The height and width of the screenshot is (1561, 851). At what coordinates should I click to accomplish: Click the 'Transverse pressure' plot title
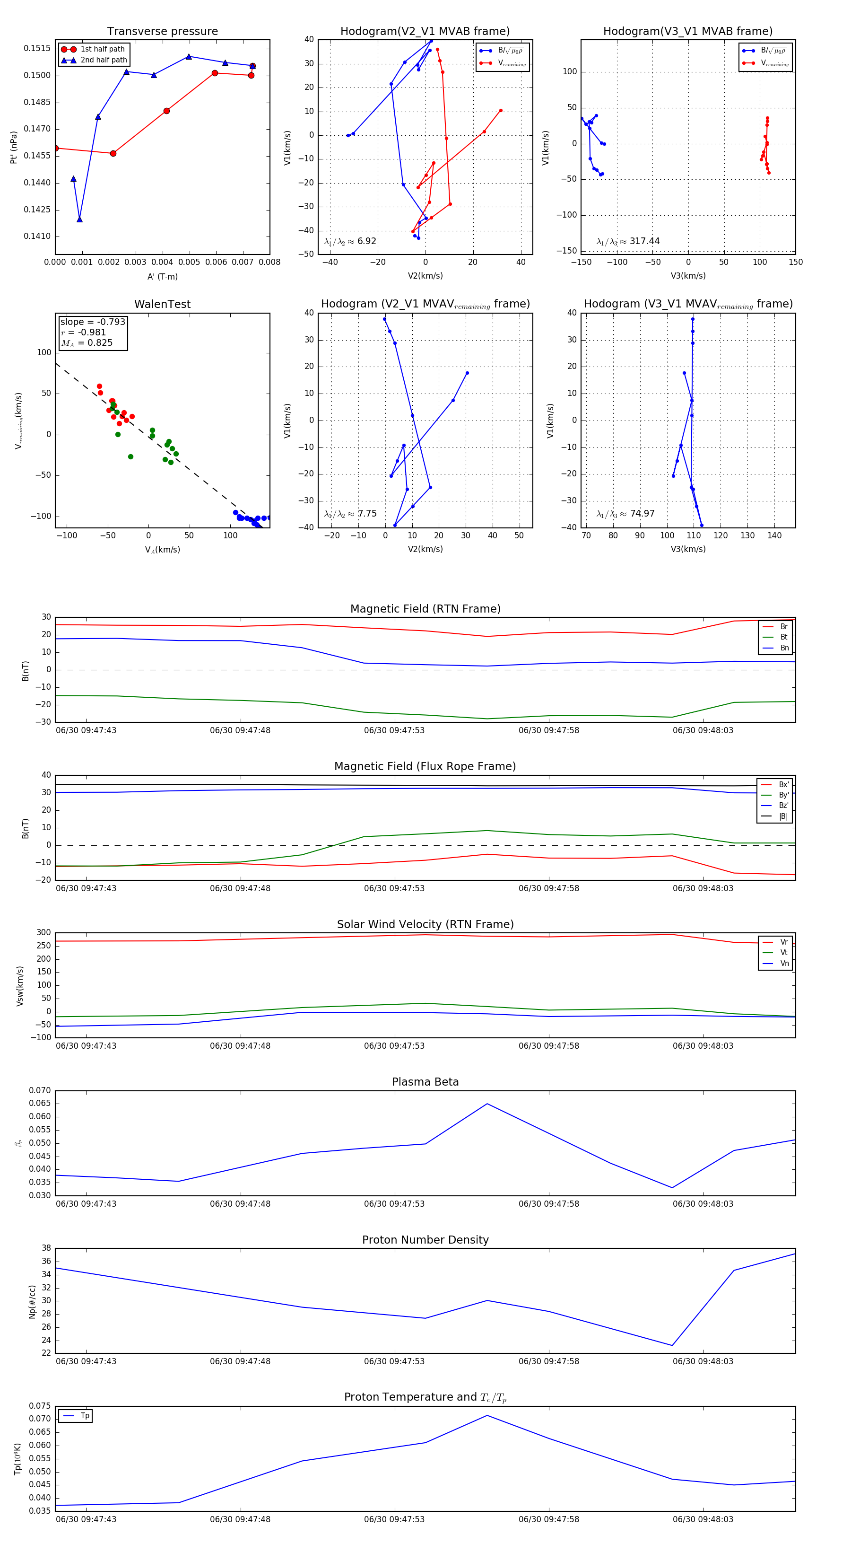coord(162,32)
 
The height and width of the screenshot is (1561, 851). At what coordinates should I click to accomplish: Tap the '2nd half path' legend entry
coord(104,60)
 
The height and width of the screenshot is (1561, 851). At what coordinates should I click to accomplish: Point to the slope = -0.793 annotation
coord(93,322)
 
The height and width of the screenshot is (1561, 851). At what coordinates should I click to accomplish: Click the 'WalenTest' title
coord(162,304)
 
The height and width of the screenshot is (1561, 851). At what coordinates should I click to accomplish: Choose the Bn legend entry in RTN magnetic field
coord(784,648)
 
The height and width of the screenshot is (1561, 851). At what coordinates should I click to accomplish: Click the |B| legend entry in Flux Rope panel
coord(782,816)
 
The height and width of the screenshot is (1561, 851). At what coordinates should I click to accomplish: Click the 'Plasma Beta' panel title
coord(425,1082)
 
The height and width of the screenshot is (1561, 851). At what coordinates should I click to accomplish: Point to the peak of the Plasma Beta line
coord(487,1104)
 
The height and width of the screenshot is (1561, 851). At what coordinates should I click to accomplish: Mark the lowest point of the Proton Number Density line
coord(672,1345)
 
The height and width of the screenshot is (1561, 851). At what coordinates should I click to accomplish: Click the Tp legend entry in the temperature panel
coord(84,1416)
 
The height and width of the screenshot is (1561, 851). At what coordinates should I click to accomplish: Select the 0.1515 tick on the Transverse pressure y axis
coord(37,48)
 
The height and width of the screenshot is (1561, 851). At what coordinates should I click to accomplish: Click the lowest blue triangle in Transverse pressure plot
coord(79,219)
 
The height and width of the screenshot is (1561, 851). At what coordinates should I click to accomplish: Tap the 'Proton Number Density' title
coord(425,1239)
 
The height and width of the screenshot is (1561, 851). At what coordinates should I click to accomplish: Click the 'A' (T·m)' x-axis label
coord(162,277)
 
